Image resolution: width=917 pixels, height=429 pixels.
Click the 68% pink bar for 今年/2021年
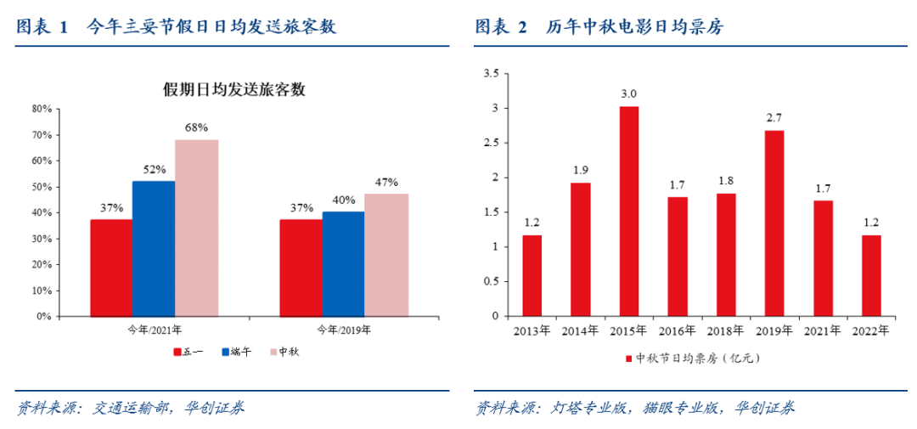[196, 228]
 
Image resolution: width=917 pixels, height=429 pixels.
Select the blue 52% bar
[154, 248]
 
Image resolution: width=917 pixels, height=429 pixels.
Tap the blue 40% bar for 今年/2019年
[343, 263]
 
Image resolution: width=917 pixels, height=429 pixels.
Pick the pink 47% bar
[386, 255]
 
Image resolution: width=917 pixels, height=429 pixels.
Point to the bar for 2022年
[871, 275]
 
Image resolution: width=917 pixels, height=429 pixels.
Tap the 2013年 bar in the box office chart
[532, 275]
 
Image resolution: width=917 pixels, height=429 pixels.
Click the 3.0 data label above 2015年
[629, 93]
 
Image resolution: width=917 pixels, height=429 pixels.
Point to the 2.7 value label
[774, 117]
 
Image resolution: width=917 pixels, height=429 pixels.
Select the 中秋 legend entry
[284, 352]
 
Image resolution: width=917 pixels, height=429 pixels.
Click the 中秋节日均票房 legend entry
[691, 358]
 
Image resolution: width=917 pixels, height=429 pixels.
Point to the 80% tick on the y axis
[42, 109]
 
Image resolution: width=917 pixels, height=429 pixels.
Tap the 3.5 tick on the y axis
[491, 74]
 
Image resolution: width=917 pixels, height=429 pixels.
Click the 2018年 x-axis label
[726, 330]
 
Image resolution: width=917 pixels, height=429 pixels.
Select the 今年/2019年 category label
[344, 329]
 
